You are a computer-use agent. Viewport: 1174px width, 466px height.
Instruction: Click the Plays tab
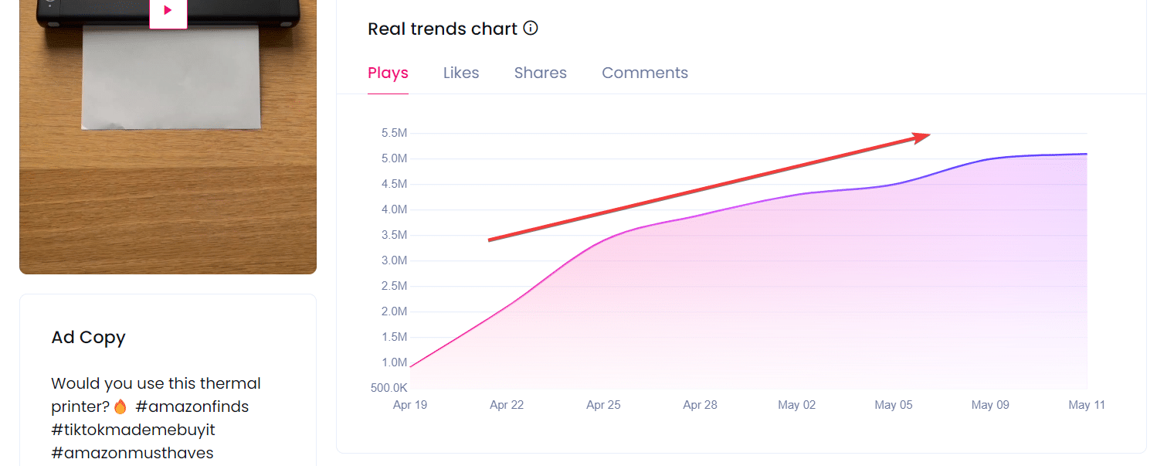(388, 73)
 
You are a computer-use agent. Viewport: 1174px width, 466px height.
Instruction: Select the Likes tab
(461, 73)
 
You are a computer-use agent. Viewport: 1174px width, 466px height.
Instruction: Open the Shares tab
(540, 73)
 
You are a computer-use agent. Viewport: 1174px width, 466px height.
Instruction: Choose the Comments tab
(644, 73)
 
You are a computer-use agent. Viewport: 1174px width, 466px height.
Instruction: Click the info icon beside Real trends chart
(531, 29)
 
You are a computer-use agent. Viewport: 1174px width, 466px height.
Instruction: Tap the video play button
(168, 11)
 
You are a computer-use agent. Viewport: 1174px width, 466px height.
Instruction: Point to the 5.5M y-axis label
(394, 133)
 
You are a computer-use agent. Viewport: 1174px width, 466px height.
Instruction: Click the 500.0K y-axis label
(389, 388)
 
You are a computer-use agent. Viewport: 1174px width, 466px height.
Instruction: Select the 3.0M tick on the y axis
(394, 260)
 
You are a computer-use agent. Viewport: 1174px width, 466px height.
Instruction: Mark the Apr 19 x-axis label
(410, 405)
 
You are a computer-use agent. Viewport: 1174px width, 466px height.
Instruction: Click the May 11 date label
(1086, 405)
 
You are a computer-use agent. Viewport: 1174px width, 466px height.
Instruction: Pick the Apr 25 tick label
(603, 405)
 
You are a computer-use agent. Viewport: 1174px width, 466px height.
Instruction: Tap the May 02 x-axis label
(796, 405)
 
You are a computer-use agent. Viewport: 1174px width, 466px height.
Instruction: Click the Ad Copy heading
(88, 338)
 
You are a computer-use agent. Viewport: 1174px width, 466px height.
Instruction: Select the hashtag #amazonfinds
(192, 406)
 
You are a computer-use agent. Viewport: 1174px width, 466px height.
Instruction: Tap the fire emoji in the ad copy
(120, 406)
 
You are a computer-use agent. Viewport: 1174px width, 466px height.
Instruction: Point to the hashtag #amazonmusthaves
(132, 453)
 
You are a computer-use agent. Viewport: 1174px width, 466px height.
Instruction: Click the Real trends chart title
(443, 29)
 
